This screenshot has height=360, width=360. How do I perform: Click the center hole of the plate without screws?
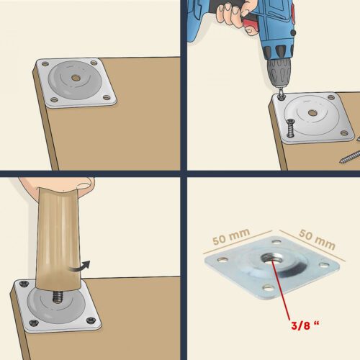(76, 76)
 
